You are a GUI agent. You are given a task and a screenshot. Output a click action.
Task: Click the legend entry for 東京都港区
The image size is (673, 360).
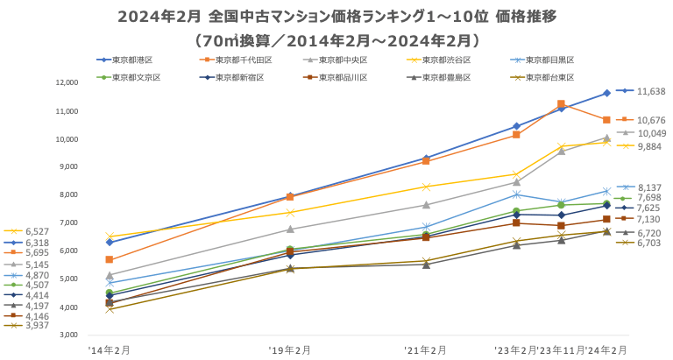pyautogui.click(x=131, y=60)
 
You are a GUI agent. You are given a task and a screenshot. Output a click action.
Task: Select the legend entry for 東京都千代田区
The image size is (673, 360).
pyautogui.click(x=242, y=60)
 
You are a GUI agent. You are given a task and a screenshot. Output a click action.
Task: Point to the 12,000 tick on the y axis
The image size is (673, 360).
pyautogui.click(x=67, y=83)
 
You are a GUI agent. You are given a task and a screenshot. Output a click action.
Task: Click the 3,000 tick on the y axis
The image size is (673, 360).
pyautogui.click(x=69, y=335)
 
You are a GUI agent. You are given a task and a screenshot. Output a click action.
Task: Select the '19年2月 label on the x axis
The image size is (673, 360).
pyautogui.click(x=289, y=349)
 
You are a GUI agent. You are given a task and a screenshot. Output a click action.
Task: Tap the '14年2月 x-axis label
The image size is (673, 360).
pyautogui.click(x=110, y=349)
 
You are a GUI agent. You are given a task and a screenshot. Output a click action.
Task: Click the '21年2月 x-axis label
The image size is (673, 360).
pyautogui.click(x=426, y=349)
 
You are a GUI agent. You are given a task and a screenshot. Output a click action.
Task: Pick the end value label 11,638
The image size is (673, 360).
pyautogui.click(x=651, y=91)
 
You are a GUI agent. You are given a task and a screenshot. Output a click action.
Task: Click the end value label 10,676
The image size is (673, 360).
pyautogui.click(x=651, y=120)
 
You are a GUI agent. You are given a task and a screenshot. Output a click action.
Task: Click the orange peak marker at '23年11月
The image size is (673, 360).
pyautogui.click(x=561, y=104)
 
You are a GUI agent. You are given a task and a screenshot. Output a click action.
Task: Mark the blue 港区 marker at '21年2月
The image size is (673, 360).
pyautogui.click(x=426, y=158)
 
